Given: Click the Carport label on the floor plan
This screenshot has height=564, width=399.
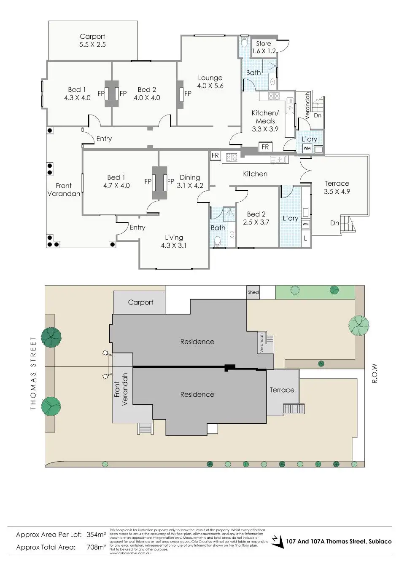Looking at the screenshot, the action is (92, 40).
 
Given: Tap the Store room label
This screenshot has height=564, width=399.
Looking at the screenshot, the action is (264, 47).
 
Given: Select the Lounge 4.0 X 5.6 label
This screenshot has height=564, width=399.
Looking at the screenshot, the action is (210, 82).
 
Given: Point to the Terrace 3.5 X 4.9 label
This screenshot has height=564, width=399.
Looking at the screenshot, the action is (337, 187).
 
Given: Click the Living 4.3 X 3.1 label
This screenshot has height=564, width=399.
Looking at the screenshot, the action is (174, 241).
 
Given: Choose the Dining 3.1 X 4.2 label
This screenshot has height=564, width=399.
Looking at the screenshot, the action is (190, 181).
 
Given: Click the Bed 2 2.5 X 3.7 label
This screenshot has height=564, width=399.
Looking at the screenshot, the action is (256, 218).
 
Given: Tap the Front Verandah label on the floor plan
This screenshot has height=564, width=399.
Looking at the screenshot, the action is (64, 190).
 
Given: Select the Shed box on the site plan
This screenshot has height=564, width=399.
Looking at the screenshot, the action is (253, 292).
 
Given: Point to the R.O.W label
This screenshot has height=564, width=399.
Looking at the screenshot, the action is (374, 373).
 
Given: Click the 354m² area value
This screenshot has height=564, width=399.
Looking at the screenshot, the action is (96, 535).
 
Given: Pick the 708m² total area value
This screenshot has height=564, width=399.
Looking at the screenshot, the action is (96, 547).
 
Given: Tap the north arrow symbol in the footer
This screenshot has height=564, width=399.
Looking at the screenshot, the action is (277, 541).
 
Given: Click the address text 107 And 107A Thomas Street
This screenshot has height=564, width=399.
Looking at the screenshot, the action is (339, 542).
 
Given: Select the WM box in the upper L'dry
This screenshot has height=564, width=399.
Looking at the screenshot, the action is (307, 148).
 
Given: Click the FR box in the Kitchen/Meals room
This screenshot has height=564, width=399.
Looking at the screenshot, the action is (265, 147).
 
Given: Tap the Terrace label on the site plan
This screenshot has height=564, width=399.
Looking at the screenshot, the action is (282, 390).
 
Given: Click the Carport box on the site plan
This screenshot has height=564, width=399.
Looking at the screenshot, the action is (140, 302).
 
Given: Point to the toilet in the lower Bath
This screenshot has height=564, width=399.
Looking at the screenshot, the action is (218, 241).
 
